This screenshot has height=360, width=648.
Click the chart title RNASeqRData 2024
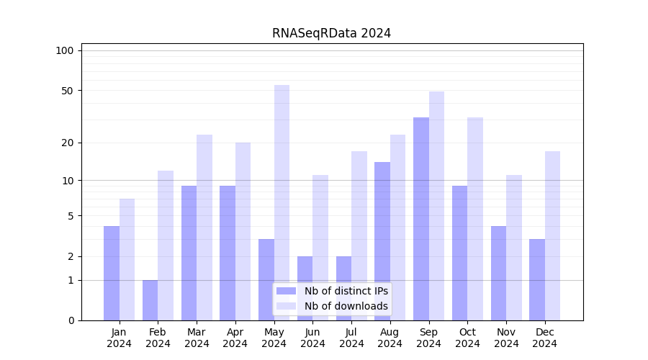pyautogui.click(x=331, y=33)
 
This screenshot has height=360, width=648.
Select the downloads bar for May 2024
pyautogui.click(x=282, y=202)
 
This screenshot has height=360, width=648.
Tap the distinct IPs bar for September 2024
pyautogui.click(x=421, y=219)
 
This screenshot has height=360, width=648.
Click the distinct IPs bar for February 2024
pyautogui.click(x=150, y=300)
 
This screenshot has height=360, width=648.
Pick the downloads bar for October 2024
pyautogui.click(x=475, y=219)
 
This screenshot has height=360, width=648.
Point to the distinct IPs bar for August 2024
pyautogui.click(x=382, y=241)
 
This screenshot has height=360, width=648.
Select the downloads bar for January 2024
pyautogui.click(x=127, y=259)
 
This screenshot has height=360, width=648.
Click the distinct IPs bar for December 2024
pyautogui.click(x=537, y=279)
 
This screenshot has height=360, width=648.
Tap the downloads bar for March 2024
pyautogui.click(x=204, y=228)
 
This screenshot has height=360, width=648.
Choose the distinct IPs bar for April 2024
pyautogui.click(x=228, y=253)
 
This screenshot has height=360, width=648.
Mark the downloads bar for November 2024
pyautogui.click(x=514, y=248)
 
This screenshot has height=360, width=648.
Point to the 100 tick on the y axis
pyautogui.click(x=65, y=50)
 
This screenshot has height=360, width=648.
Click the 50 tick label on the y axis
pyautogui.click(x=67, y=91)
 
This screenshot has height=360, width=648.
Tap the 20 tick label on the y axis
pyautogui.click(x=67, y=143)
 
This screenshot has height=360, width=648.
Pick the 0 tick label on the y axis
pyautogui.click(x=71, y=320)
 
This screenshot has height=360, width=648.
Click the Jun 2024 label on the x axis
pyautogui.click(x=312, y=338)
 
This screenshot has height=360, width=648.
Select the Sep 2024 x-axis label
pyautogui.click(x=428, y=338)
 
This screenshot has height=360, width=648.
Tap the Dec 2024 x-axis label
pyautogui.click(x=545, y=338)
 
